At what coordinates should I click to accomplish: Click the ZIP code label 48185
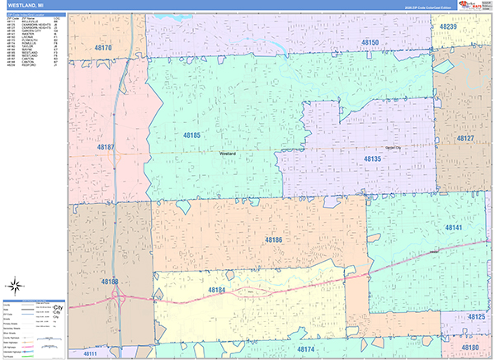click(x=191, y=135)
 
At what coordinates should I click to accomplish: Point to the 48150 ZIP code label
click(x=369, y=43)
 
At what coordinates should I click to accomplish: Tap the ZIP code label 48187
click(x=106, y=147)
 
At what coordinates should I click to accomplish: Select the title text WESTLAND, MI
click(x=28, y=7)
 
